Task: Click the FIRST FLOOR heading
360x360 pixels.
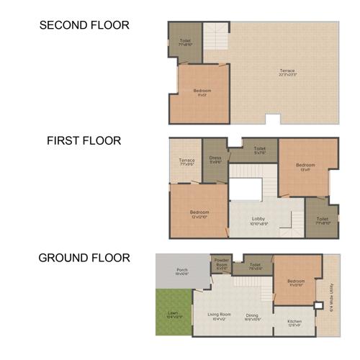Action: pos(84,141)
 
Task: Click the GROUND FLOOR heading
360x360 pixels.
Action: pos(84,258)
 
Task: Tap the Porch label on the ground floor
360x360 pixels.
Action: pos(182,271)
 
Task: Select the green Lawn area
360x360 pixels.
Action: pos(173,314)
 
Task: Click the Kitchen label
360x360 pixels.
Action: pos(294,321)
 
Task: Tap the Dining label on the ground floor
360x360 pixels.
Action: pos(252,315)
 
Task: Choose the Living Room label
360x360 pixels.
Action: pos(219,315)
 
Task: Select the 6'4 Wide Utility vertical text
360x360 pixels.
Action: pos(332,295)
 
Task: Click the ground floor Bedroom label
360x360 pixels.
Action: pos(296,282)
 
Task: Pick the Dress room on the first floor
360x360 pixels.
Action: pos(215,159)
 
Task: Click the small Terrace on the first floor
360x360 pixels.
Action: pos(186,161)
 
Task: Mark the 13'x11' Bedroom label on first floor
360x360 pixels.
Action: pos(305,167)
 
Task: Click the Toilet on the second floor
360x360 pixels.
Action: pos(185,42)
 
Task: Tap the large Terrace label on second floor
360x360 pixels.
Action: pos(287,72)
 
